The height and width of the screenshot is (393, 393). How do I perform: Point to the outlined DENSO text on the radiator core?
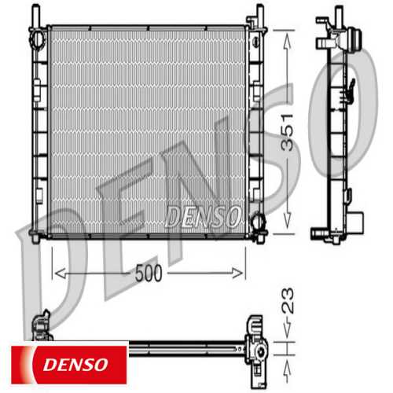[x=202, y=214]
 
